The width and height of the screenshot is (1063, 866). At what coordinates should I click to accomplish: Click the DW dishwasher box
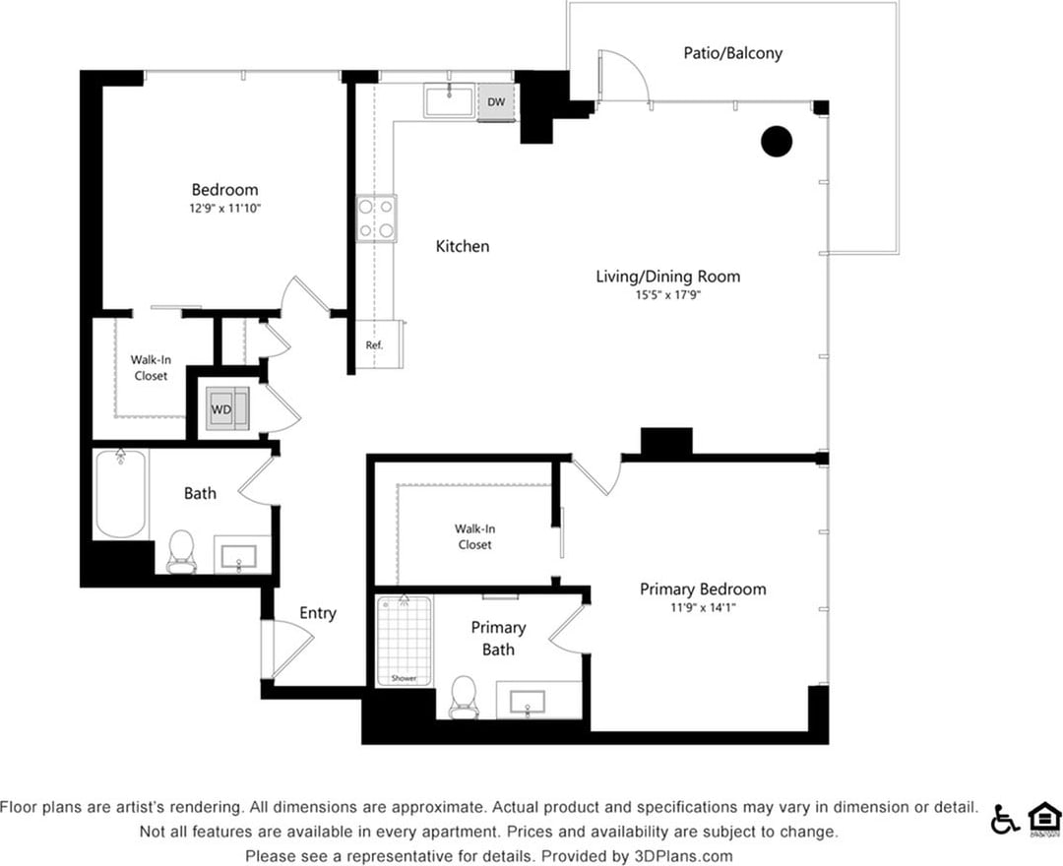[495, 101]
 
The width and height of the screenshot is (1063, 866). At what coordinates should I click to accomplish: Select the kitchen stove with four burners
[376, 218]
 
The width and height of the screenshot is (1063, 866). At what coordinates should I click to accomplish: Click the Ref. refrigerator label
[374, 345]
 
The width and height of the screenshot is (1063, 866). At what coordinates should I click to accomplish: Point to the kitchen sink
[450, 100]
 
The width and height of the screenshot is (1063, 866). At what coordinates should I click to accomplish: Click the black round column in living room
[777, 142]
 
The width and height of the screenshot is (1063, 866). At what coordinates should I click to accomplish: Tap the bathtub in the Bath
[120, 494]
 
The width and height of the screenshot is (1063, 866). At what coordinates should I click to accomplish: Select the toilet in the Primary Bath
[463, 698]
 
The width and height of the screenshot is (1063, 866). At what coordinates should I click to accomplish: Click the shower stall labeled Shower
[405, 640]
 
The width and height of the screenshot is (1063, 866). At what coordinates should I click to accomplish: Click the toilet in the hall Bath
[181, 552]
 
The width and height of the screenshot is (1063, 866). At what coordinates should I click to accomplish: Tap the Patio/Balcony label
[733, 53]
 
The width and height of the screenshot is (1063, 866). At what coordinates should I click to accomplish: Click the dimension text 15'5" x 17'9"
[667, 294]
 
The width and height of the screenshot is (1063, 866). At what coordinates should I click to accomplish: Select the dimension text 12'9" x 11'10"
[225, 208]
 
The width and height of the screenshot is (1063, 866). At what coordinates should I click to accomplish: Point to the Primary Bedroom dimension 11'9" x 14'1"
[703, 608]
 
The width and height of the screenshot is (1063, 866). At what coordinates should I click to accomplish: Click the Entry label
[318, 613]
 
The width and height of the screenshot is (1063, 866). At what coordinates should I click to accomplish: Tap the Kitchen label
[463, 246]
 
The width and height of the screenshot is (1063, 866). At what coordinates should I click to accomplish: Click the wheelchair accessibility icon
[1005, 818]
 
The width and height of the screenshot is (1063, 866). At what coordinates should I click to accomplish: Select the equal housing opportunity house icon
[1043, 818]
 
